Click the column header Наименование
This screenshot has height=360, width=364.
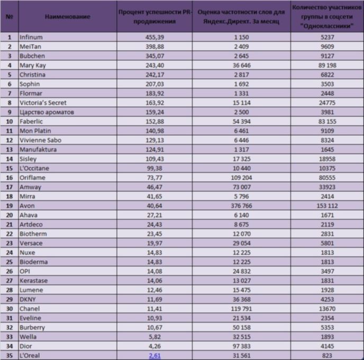click(67, 17)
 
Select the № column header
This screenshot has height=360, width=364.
click(10, 17)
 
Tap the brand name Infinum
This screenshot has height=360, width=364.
click(31, 37)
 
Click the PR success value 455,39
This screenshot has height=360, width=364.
click(154, 37)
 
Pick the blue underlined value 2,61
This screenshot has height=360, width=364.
click(154, 355)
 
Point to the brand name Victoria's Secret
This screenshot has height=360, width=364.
click(43, 103)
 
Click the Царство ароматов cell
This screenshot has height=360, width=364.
click(47, 112)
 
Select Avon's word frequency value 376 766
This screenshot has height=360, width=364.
click(241, 206)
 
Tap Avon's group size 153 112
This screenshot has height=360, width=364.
click(327, 206)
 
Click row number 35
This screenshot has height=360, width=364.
click(10, 355)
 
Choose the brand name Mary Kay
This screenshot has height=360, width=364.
click(33, 66)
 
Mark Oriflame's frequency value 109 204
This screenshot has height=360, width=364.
click(241, 178)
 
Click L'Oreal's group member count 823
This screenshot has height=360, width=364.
click(327, 355)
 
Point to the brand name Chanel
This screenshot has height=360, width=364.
click(30, 309)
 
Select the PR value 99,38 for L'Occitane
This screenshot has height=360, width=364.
click(154, 168)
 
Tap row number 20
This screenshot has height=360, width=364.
click(10, 215)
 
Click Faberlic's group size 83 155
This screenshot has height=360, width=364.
click(327, 122)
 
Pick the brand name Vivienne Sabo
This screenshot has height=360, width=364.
click(40, 140)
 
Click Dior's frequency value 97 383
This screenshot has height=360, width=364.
click(241, 346)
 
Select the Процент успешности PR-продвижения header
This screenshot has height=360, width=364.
click(154, 17)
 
